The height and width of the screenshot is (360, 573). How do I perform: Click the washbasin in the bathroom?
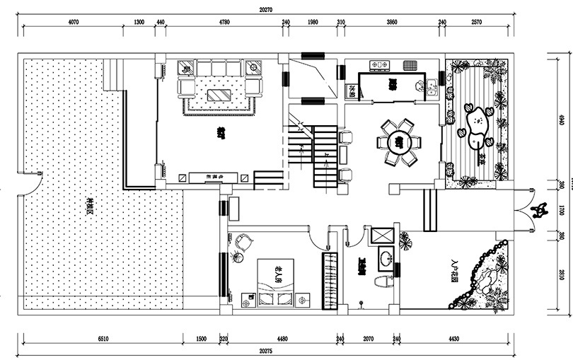click(386, 259)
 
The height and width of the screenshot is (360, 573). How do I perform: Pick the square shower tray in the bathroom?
click(384, 236)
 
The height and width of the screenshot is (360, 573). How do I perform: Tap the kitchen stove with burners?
click(380, 65)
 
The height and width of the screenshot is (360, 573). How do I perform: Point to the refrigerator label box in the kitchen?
click(350, 91)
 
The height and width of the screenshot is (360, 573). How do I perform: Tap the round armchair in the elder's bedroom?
click(243, 241)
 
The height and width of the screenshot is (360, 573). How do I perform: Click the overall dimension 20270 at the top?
click(265, 10)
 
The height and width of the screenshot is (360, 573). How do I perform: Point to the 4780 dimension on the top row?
click(224, 23)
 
